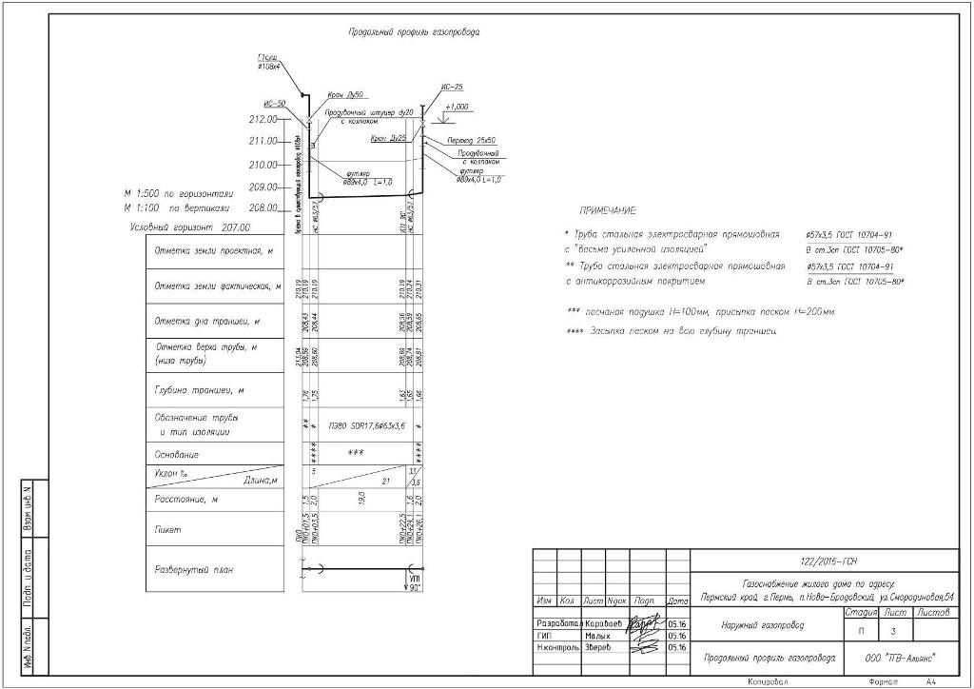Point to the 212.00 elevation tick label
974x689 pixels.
click(262, 120)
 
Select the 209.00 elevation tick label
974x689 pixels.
click(262, 187)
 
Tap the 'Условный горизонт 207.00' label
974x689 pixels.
click(189, 228)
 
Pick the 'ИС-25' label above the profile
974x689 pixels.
click(452, 87)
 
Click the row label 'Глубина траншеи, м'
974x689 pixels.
click(200, 390)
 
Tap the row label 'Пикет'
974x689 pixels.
click(167, 529)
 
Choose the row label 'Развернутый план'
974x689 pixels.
click(194, 570)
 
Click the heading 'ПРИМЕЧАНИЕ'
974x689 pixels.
click(608, 210)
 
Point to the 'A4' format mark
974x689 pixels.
click(931, 681)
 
